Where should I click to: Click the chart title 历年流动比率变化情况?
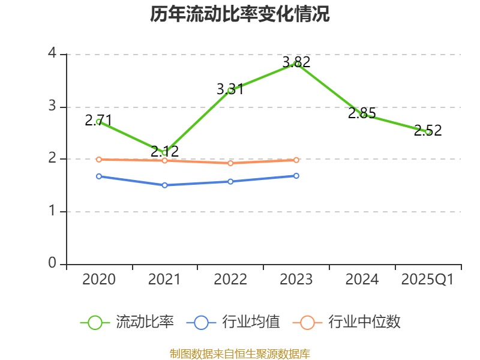pyautogui.click(x=240, y=14)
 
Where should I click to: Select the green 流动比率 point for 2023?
pyautogui.click(x=296, y=64)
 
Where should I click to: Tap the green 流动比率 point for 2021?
pyautogui.click(x=164, y=152)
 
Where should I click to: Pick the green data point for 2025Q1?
pyautogui.click(x=428, y=131)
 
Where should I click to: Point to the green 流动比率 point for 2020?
pyautogui.click(x=98, y=121)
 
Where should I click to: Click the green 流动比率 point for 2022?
pyautogui.click(x=230, y=90)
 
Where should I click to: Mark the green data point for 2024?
pyautogui.click(x=362, y=114)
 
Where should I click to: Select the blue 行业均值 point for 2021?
pyautogui.click(x=164, y=185)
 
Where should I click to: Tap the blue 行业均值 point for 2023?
pyautogui.click(x=296, y=176)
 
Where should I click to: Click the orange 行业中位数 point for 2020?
pyautogui.click(x=98, y=159)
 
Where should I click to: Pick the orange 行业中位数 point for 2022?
pyautogui.click(x=230, y=163)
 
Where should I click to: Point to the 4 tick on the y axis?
pyautogui.click(x=52, y=54)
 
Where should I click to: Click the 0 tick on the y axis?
pyautogui.click(x=52, y=264)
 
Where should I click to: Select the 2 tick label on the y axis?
pyautogui.click(x=52, y=159)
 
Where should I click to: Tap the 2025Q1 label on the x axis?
pyautogui.click(x=428, y=280)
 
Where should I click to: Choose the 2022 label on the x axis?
pyautogui.click(x=230, y=280)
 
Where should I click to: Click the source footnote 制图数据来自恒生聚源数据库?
pyautogui.click(x=240, y=353)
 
